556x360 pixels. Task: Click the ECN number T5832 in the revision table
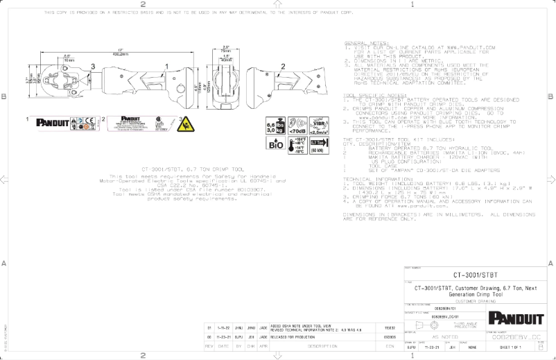[x=388, y=326]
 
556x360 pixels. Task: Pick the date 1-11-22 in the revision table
[x=225, y=326]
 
